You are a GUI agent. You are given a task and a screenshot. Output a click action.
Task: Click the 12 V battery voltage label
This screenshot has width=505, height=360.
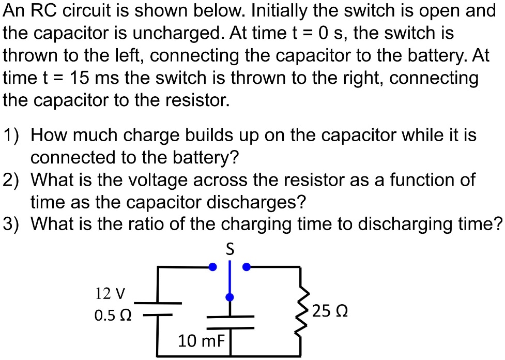point(110,294)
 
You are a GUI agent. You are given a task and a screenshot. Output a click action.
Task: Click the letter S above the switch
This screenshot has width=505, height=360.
point(231,249)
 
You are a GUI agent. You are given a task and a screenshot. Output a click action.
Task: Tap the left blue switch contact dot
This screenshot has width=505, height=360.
point(212,267)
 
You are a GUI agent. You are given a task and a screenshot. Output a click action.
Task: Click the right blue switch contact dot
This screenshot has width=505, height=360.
point(247,267)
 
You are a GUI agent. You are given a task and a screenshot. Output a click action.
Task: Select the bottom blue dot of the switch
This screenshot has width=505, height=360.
point(230,297)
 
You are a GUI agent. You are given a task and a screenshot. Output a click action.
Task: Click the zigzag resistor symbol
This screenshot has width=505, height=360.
point(300,311)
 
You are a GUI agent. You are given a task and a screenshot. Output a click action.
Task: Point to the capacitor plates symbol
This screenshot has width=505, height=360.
point(230,322)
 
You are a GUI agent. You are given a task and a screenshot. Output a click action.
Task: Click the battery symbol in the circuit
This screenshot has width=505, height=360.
point(158,308)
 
